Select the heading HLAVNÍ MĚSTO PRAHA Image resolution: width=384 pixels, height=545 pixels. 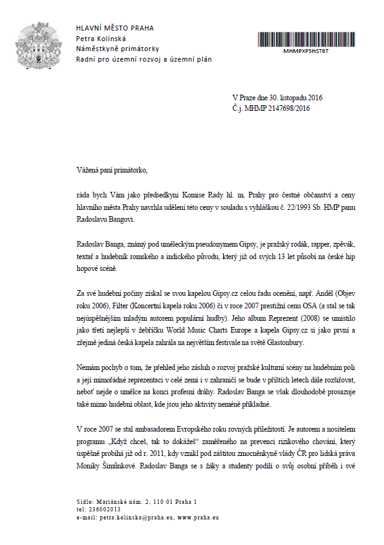click(115, 28)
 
